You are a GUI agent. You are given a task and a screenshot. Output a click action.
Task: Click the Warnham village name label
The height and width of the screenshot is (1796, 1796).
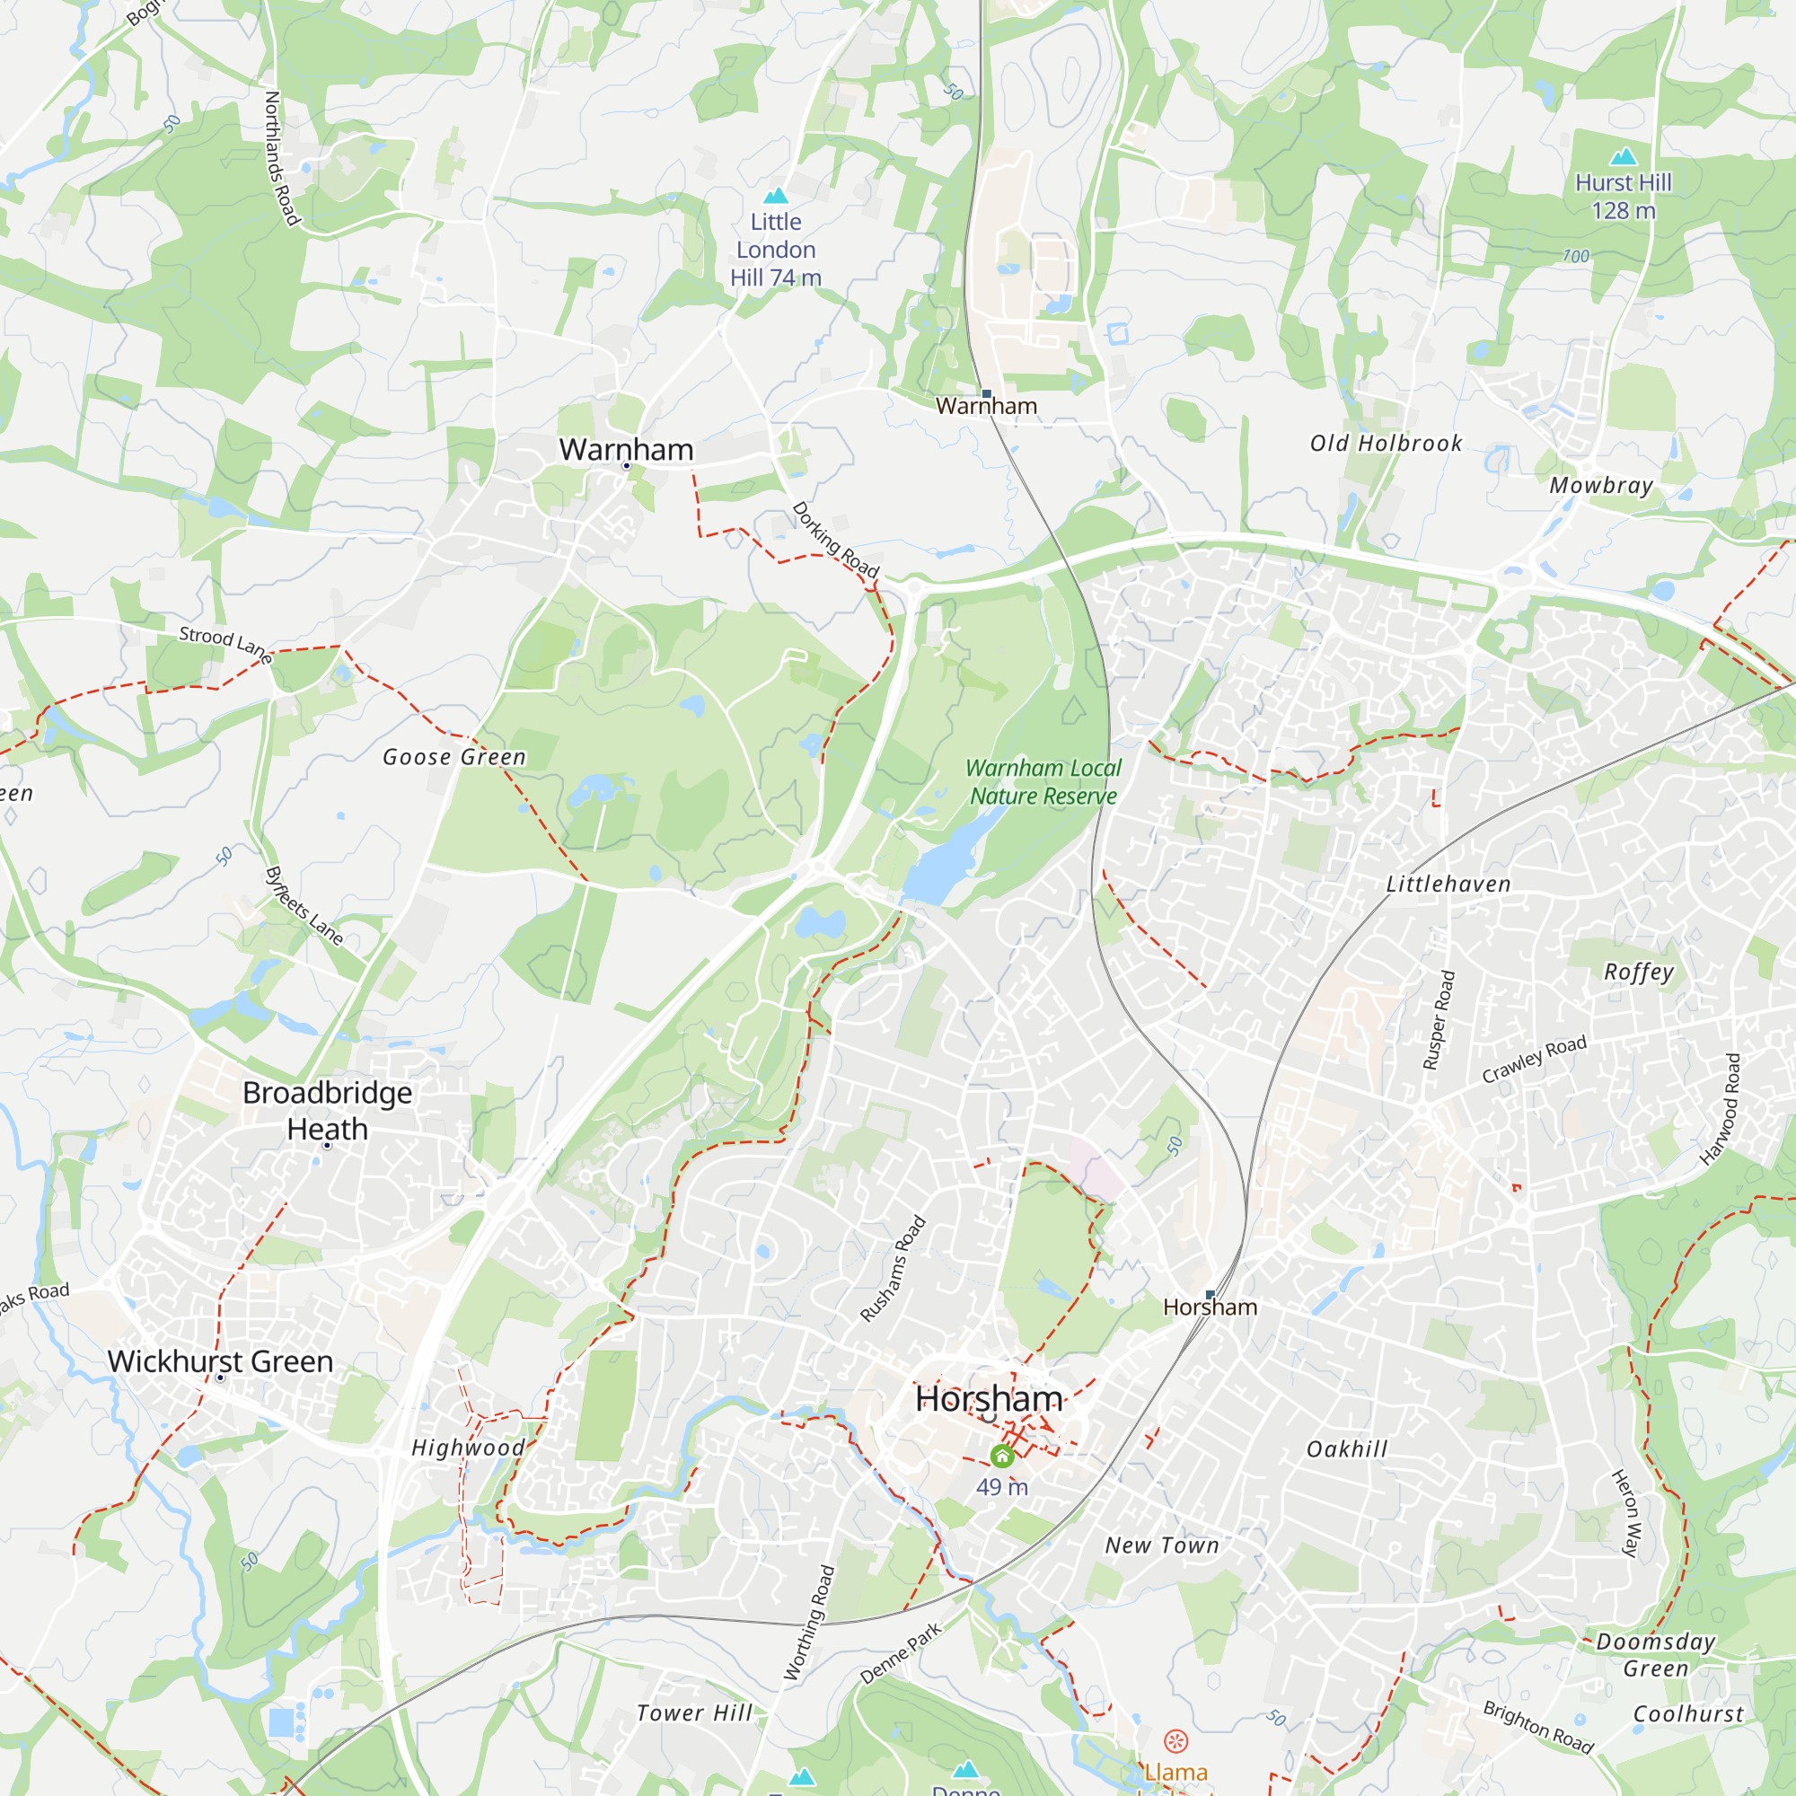626,450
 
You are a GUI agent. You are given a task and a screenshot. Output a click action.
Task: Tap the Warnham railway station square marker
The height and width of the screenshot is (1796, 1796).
986,394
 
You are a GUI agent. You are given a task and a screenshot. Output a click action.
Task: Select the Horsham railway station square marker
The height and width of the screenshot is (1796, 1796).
1210,1294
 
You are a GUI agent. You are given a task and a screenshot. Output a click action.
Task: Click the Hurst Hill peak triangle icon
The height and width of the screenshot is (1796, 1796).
1623,155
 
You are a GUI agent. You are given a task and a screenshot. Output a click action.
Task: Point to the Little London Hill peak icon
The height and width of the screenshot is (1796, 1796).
775,195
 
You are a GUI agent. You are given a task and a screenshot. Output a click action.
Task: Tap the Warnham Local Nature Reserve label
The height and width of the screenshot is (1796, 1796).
1043,782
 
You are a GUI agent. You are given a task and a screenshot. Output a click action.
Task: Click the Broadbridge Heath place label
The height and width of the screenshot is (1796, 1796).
327,1110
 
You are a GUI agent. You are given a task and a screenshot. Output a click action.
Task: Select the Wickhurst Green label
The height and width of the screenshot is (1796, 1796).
220,1361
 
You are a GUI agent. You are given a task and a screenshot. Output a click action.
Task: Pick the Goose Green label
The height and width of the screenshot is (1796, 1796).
454,758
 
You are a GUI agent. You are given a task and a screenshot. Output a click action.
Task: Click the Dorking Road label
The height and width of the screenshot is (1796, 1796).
835,540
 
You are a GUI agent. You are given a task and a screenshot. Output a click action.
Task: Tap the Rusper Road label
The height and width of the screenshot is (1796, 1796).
1438,1020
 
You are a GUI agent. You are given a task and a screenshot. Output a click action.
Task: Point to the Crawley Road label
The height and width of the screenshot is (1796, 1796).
1534,1059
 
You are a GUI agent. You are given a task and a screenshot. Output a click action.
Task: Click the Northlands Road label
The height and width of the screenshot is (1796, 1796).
282,158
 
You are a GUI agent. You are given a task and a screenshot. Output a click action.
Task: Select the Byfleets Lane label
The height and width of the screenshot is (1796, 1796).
304,906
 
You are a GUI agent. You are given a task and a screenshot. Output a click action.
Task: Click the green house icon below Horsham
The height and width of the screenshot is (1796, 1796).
1001,1455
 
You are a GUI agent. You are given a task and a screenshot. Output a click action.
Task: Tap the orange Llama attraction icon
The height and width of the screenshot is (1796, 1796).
1176,1740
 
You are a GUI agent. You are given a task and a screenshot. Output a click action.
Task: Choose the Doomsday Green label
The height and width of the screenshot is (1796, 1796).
1656,1655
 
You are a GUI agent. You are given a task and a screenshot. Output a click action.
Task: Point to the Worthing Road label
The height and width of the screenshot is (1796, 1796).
810,1623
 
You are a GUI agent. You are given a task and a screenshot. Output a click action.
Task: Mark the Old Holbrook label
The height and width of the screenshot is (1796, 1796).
1386,444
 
